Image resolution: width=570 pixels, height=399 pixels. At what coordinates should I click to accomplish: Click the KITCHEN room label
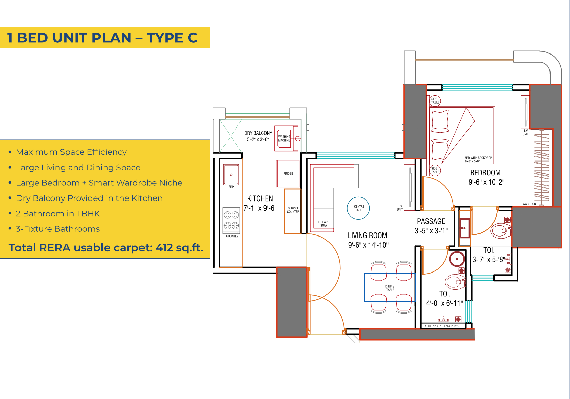coord(260,198)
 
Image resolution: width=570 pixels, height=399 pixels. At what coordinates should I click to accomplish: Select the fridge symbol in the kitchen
coord(288,174)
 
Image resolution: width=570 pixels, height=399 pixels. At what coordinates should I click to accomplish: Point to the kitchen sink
coord(231,175)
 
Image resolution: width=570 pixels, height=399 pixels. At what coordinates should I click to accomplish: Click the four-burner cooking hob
coord(231,220)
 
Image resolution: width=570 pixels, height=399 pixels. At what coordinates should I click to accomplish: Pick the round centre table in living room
coord(358,208)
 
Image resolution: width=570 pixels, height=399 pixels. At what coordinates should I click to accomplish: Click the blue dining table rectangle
coord(390,288)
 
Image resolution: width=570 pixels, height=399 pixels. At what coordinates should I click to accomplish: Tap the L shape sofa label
coord(323,224)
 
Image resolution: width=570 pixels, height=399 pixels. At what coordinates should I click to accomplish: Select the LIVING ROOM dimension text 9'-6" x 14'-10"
coord(368,245)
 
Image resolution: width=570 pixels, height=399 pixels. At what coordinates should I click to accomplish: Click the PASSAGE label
coord(431,221)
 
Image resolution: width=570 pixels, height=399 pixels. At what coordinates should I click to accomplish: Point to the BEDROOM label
coord(485,173)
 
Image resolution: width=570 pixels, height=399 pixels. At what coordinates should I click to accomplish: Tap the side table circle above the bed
coord(435,101)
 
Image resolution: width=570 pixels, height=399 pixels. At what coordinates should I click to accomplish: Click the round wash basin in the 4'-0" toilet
coord(457,259)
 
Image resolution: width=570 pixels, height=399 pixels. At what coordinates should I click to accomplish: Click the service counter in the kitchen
coord(293,210)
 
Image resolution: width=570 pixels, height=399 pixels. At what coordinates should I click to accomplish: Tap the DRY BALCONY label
coord(258,133)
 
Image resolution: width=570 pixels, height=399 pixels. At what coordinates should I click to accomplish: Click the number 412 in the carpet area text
coord(164,248)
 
